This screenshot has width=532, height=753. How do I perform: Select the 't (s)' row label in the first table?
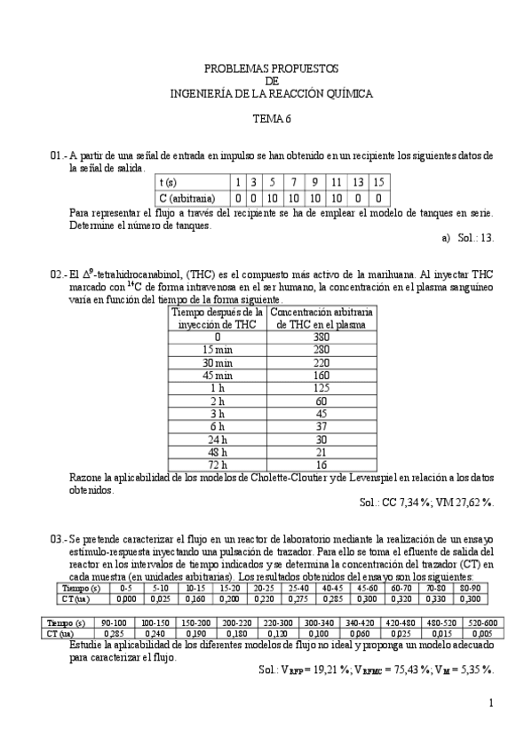click(169, 182)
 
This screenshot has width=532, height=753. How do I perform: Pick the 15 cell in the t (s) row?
click(378, 182)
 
